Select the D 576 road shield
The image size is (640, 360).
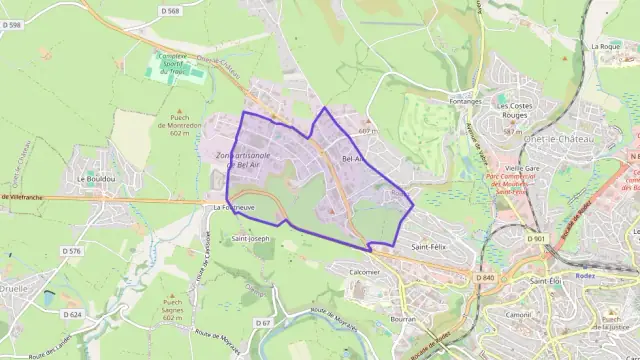(70, 251)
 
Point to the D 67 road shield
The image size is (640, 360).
(263, 323)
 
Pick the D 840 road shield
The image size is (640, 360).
(486, 277)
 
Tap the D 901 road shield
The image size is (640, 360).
(538, 239)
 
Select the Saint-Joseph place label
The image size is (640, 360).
(251, 239)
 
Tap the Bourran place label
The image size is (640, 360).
(403, 319)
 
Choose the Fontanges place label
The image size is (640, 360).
(466, 101)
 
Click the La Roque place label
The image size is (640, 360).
(606, 46)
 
